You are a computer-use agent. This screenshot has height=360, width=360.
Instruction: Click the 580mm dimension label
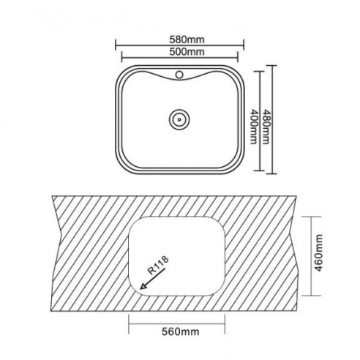click(x=187, y=40)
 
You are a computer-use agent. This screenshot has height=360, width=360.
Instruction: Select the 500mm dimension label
click(x=187, y=52)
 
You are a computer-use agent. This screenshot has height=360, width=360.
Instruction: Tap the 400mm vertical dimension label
click(x=254, y=127)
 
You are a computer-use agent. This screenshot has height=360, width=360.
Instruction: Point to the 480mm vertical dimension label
click(x=266, y=127)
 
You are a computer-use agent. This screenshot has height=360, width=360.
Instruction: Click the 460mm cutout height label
click(x=318, y=253)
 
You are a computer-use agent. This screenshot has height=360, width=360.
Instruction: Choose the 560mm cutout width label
click(x=181, y=331)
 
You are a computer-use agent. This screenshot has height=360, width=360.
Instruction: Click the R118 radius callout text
click(x=158, y=265)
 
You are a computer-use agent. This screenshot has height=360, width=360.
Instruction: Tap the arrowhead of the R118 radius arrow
click(x=143, y=286)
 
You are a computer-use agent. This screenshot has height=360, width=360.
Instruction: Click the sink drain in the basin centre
click(x=179, y=119)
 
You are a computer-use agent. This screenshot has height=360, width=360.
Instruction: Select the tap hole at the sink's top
click(x=179, y=75)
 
